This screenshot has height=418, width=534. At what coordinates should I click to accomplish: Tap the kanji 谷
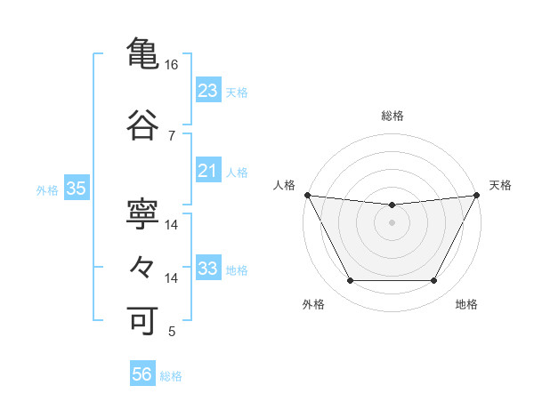click(x=143, y=124)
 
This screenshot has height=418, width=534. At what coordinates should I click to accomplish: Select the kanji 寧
click(x=143, y=213)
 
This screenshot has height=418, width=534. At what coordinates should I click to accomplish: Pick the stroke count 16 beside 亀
click(x=171, y=65)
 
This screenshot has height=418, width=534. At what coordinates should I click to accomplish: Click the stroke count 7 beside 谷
click(x=171, y=135)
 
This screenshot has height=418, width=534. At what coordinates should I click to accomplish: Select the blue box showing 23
click(x=208, y=91)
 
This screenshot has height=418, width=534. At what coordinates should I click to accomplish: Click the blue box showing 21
click(x=208, y=171)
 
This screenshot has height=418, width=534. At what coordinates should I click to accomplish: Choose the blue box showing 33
click(x=208, y=269)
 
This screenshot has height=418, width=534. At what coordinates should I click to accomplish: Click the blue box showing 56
click(x=142, y=375)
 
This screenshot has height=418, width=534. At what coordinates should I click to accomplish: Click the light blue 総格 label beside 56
click(x=171, y=376)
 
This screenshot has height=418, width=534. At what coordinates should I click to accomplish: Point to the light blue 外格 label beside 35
click(x=47, y=189)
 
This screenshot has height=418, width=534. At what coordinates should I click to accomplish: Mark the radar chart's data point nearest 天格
click(x=478, y=195)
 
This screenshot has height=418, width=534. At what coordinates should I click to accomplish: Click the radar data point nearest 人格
click(x=306, y=195)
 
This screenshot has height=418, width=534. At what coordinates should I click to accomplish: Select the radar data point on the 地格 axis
click(x=433, y=281)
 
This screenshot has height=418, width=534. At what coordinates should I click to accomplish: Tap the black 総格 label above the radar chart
click(x=392, y=116)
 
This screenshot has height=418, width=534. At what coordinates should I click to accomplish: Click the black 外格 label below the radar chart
click(x=313, y=304)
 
